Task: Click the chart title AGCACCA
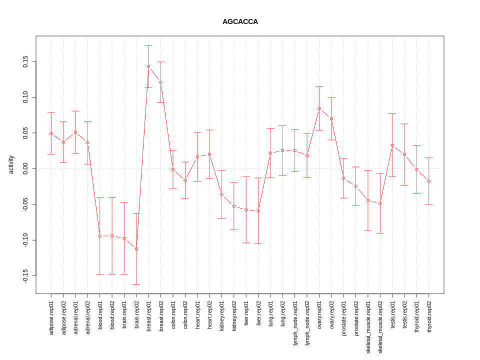240,22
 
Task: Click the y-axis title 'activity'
11,164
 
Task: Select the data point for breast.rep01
148,66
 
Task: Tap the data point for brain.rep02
136,249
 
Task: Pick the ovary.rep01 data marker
319,108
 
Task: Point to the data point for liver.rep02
258,211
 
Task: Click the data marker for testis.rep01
392,145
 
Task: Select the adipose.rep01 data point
51,133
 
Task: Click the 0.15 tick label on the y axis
25,62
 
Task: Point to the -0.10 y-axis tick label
25,240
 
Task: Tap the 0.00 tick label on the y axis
25,169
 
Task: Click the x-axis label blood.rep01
100,317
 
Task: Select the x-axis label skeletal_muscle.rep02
380,327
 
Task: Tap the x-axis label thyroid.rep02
429,317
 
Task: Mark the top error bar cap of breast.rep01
148,45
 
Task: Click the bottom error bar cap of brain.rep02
136,284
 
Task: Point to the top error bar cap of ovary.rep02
331,97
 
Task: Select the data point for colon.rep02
185,180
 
